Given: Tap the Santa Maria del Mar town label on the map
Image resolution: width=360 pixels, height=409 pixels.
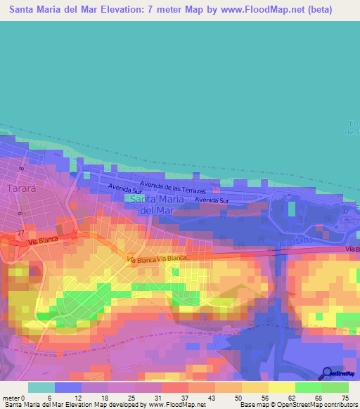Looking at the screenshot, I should pyautogui.click(x=157, y=204).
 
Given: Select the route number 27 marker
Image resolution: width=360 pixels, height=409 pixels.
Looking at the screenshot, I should pyautogui.click(x=22, y=232).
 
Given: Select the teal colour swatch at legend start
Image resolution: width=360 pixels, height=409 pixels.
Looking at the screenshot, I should pyautogui.click(x=41, y=387).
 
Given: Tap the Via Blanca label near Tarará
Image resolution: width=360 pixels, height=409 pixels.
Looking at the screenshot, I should pyautogui.click(x=44, y=241).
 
